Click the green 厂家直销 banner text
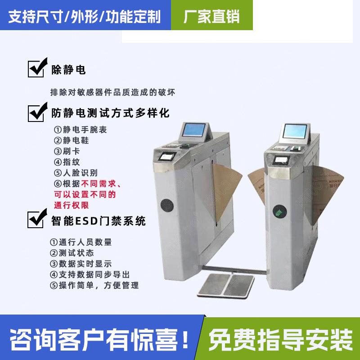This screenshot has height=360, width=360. coord(212,17)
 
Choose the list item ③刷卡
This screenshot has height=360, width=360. coord(67,151)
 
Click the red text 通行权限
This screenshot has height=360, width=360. coord(71,205)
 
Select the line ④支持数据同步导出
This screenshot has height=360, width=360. coord(90,274)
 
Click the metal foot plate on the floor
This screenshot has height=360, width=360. coord(227,284)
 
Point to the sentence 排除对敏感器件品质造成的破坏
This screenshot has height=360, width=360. coord(112,92)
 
